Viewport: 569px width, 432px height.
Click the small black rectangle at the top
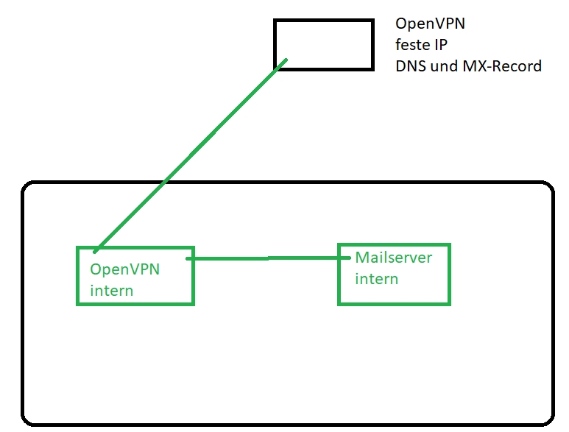(324, 44)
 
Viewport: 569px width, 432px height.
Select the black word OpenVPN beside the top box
(430, 24)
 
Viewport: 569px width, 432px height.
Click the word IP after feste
(441, 45)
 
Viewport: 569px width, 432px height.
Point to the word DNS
(409, 66)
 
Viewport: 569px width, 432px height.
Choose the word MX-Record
(502, 66)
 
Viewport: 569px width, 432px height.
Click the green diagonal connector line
(191, 155)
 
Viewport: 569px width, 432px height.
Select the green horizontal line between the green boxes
(265, 258)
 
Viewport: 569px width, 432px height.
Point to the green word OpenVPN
(125, 269)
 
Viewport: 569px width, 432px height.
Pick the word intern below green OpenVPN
(112, 290)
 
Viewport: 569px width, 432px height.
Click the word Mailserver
(393, 258)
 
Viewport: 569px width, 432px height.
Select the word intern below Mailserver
(376, 279)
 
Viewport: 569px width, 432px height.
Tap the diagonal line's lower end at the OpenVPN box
(96, 250)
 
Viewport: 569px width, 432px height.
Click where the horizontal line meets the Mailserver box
(339, 258)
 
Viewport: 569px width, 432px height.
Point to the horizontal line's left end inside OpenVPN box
(188, 259)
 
